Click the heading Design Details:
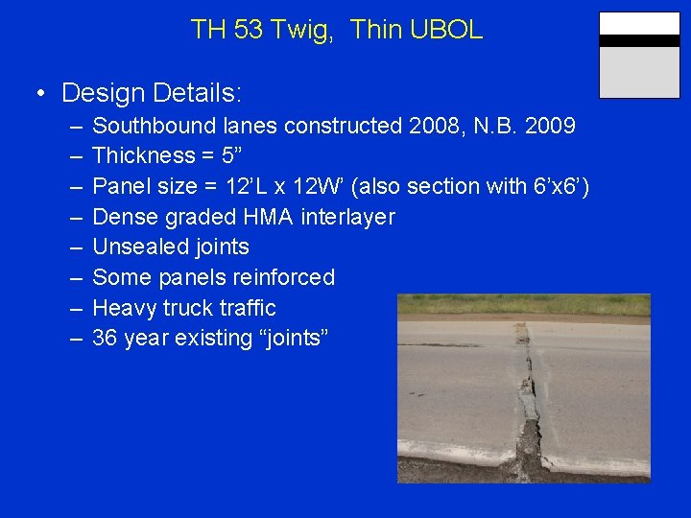point(152,93)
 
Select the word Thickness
point(143,155)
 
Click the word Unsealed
point(138,247)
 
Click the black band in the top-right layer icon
point(639,41)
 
